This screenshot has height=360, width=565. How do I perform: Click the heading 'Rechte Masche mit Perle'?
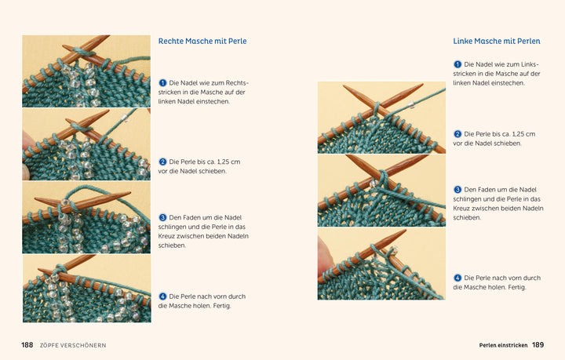pos(202,41)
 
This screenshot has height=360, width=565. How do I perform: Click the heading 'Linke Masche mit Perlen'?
pos(497,41)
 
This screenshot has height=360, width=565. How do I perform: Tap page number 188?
pos(27,345)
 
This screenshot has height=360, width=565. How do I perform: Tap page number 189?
pos(538,345)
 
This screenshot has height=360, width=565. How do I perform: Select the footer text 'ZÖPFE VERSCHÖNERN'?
pos(73,345)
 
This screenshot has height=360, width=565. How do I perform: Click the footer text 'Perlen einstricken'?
pos(503,345)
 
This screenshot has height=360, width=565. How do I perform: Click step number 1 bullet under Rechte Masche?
pos(162,83)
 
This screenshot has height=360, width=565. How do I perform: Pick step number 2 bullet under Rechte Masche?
pos(162,162)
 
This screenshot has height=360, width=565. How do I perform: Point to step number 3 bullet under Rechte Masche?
pos(162,217)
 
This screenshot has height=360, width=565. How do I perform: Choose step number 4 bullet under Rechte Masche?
pos(162,296)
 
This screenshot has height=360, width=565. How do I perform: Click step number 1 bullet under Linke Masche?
pos(457,64)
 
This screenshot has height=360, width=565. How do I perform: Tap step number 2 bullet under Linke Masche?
pos(457,134)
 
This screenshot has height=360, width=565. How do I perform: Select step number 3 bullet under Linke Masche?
pos(457,189)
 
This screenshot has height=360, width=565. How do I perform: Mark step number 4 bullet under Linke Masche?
pos(457,278)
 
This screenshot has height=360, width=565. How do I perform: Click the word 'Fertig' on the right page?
pos(516,287)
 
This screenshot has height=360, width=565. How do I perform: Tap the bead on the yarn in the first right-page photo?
pos(410,105)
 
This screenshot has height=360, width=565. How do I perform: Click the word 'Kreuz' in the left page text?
pos(166,236)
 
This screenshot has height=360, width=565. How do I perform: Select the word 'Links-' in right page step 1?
pos(530,64)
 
